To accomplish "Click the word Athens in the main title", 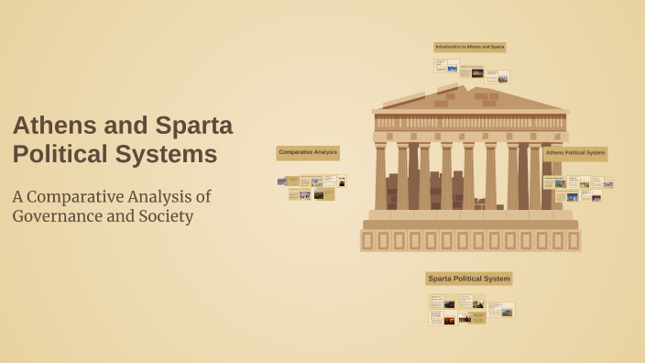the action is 51,126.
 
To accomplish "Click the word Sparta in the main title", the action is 187,126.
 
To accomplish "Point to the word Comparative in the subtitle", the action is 76,196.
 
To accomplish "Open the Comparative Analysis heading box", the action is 308,152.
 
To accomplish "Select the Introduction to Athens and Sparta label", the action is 470,47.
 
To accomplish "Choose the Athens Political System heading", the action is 575,153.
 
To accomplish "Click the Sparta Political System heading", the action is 469,279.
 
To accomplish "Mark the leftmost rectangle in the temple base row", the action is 367,240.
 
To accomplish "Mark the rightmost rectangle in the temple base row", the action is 574,240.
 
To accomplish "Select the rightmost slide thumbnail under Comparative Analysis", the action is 341,181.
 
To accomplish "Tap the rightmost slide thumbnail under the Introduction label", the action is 497,77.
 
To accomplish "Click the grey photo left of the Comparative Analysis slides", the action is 281,181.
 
